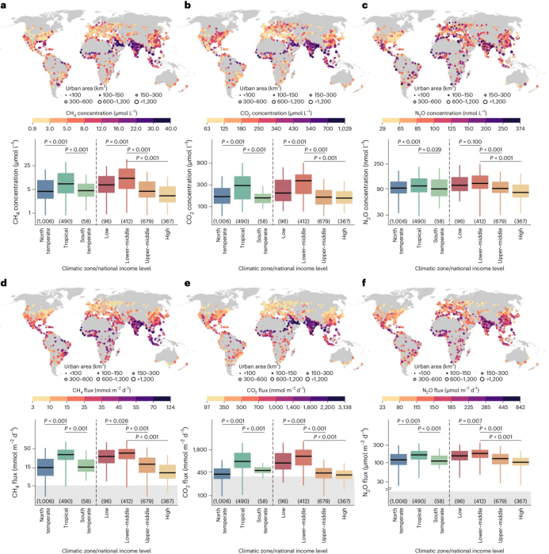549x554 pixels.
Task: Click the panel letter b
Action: click(187, 6)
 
